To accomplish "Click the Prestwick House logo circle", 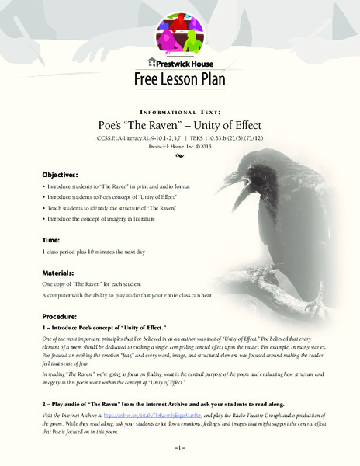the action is pos(180,30).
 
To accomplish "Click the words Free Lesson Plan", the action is pos(180,79).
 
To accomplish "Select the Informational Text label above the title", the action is pos(180,109).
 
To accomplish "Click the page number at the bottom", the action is pos(179,450).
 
